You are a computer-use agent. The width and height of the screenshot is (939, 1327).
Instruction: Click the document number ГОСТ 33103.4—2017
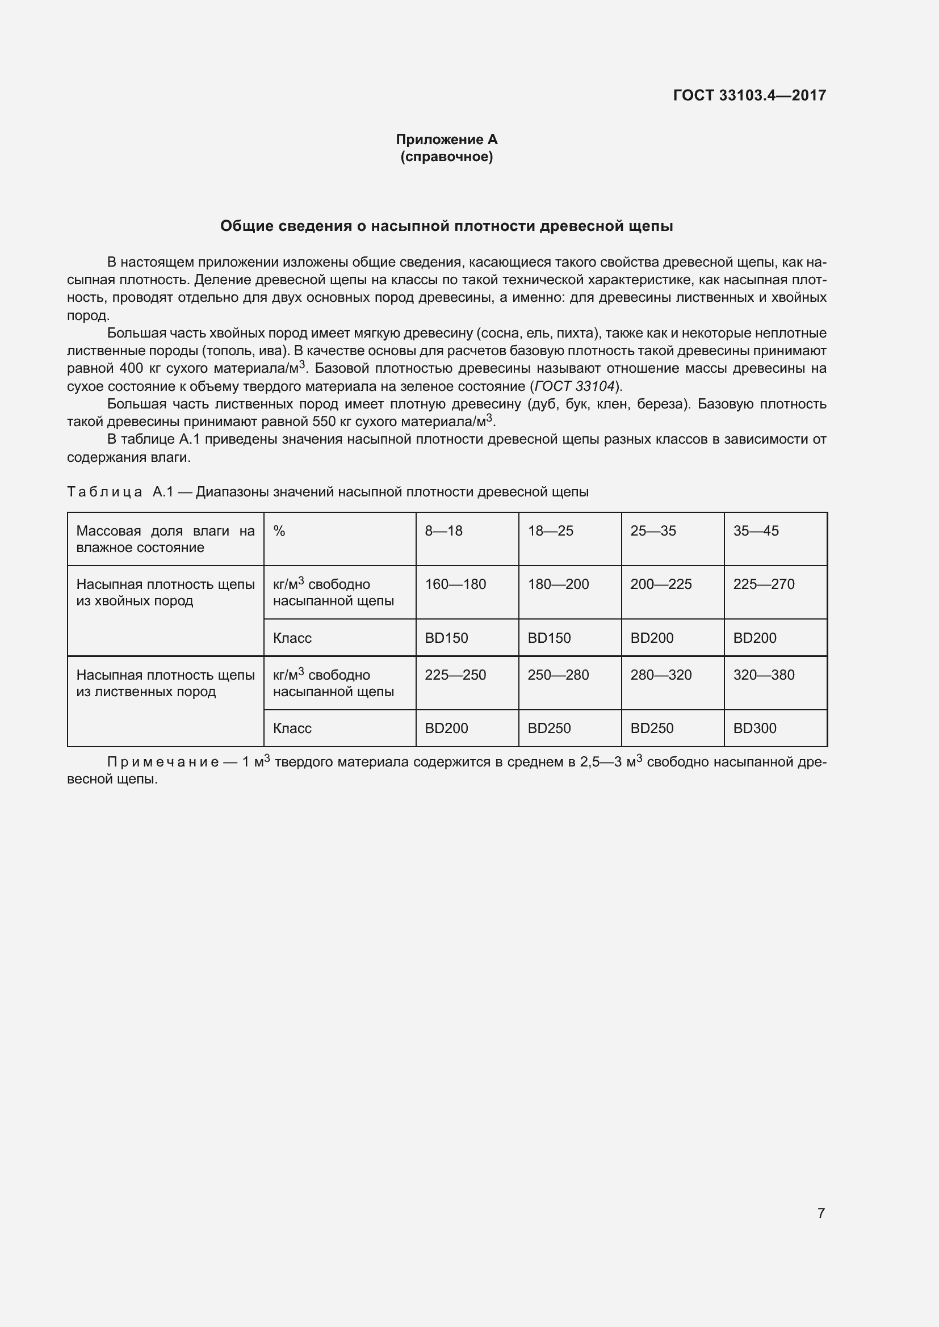(x=749, y=95)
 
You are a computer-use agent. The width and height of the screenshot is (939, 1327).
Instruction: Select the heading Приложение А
(x=446, y=140)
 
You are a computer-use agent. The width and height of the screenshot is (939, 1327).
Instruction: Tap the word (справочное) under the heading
(x=446, y=157)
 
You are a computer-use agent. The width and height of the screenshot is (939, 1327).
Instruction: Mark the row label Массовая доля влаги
(x=165, y=538)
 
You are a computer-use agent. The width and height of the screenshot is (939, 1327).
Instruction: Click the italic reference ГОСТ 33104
(x=574, y=386)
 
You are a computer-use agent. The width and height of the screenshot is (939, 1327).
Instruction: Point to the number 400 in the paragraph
(x=131, y=369)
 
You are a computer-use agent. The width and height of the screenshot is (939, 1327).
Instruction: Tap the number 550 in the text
(x=324, y=422)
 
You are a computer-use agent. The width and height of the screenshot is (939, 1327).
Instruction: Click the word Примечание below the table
(x=163, y=763)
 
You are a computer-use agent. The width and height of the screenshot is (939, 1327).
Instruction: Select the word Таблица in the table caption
(x=104, y=492)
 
